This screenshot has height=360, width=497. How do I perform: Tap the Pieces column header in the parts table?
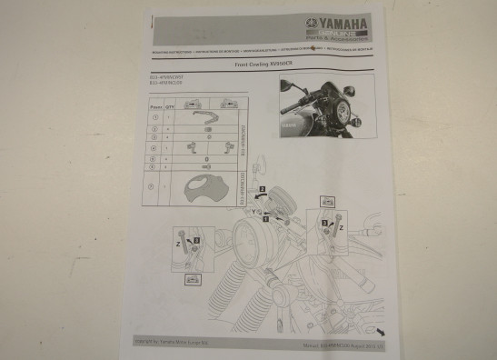154,105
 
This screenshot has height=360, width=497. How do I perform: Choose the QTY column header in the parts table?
168,105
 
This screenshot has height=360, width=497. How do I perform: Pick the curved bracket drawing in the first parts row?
202,117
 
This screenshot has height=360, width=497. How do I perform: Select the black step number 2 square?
261,190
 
